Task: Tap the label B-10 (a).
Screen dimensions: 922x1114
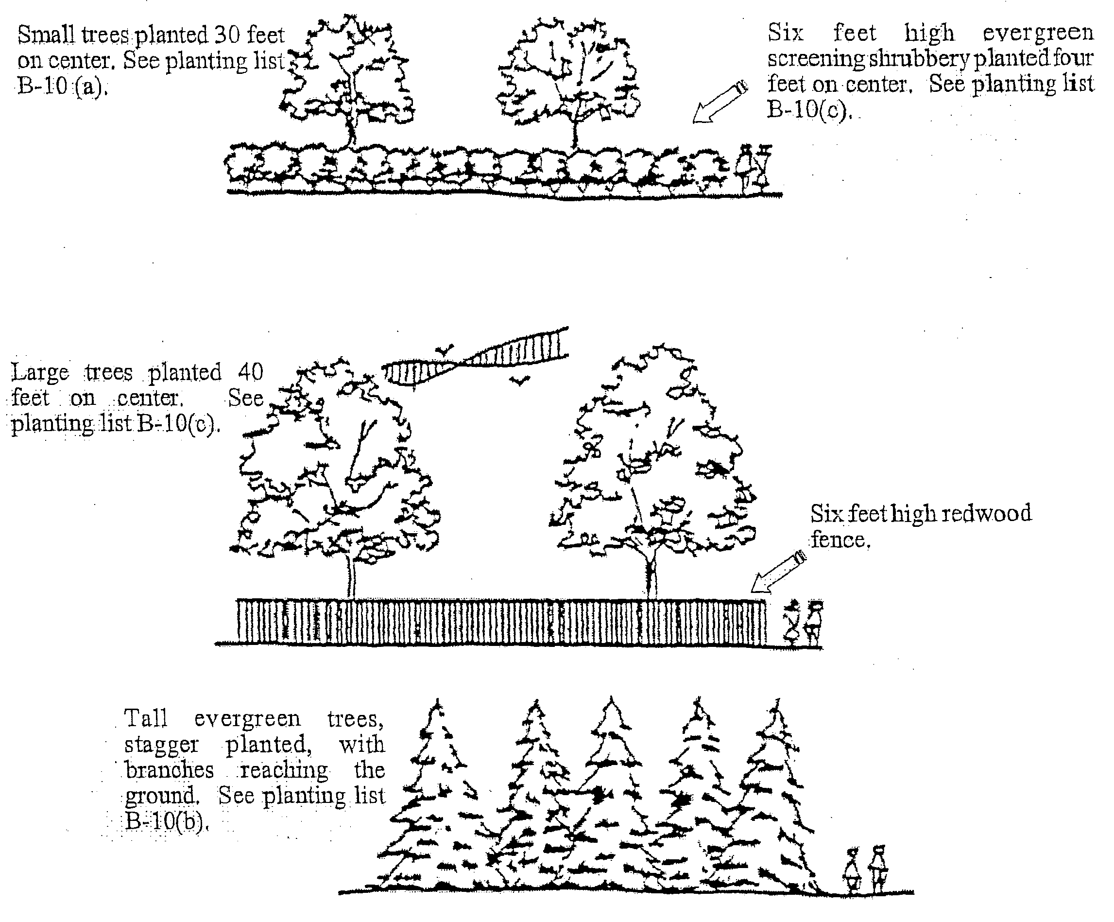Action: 62,86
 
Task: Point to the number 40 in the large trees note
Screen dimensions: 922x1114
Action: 250,372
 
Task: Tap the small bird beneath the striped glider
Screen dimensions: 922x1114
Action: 519,380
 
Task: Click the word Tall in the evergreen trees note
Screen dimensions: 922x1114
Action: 146,719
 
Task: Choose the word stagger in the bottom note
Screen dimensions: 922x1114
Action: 161,745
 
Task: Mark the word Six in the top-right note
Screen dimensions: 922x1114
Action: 785,33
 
